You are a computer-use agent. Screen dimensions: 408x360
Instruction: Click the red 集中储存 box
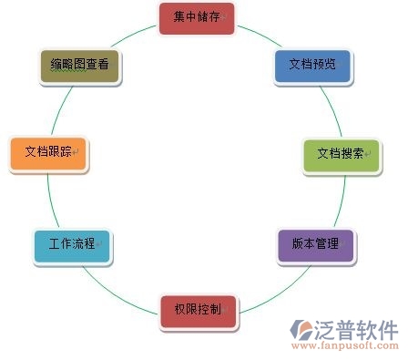point(196,17)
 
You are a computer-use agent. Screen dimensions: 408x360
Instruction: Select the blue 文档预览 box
point(312,67)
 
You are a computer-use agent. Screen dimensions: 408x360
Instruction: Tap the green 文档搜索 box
point(340,154)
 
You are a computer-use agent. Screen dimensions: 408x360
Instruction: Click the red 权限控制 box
point(198,310)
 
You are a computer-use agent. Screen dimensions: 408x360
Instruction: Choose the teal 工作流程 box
point(72,245)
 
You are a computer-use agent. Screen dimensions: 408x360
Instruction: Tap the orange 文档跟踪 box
point(46,152)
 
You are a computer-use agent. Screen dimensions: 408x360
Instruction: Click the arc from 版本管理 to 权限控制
point(264,290)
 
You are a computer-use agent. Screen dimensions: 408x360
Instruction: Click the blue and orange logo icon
point(301,330)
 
